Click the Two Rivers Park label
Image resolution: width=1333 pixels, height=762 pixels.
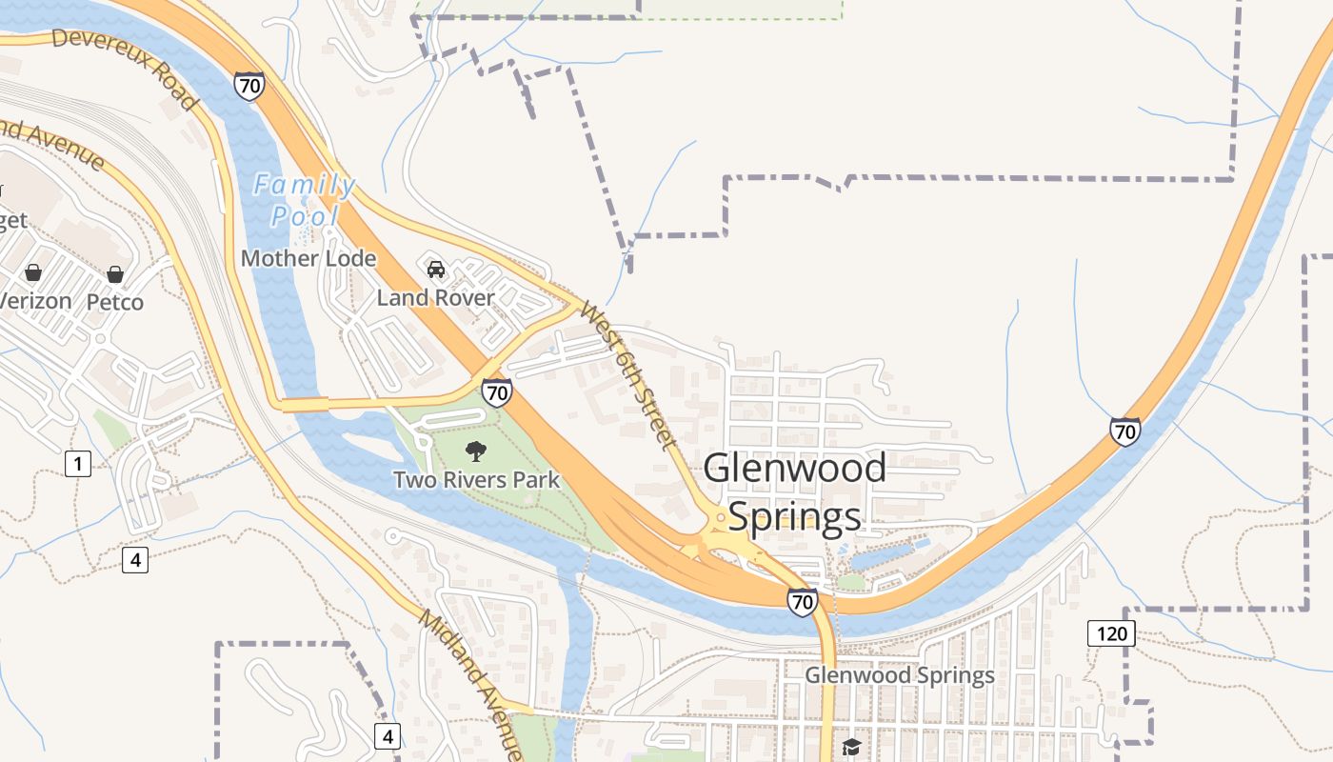477,479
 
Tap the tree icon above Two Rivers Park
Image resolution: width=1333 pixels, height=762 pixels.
475,451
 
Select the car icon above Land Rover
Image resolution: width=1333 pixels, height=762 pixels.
436,270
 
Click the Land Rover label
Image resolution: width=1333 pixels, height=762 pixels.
435,298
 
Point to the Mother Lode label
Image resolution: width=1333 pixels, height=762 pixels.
308,258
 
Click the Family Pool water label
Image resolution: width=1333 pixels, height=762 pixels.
305,200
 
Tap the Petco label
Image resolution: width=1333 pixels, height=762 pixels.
115,302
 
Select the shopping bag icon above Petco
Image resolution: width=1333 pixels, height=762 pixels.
115,275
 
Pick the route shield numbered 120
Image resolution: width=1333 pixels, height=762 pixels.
1111,633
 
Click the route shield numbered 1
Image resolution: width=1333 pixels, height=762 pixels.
78,464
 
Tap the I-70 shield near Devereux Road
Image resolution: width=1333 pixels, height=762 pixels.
249,86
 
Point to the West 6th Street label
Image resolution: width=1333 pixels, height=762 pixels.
628,376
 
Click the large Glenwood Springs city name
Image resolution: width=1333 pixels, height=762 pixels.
795,492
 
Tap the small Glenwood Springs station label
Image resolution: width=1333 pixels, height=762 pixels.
900,675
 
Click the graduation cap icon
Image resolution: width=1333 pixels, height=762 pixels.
850,747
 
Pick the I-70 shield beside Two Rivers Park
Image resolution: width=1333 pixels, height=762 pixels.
496,391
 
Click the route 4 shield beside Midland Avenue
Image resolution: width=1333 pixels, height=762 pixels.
387,735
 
